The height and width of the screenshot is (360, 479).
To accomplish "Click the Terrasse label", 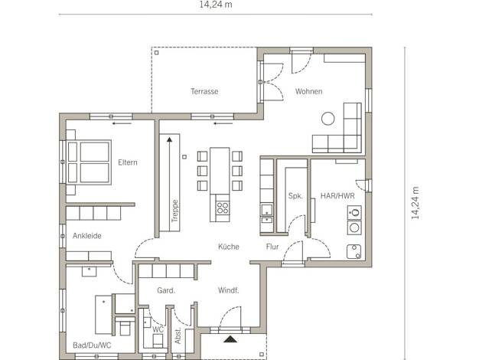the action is (x=204, y=91).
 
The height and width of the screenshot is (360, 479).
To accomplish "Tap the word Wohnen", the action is (x=308, y=91).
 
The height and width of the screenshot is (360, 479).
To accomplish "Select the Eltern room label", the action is (x=128, y=162).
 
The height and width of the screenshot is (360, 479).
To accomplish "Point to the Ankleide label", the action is (x=87, y=236).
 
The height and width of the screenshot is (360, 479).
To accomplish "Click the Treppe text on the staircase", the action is (x=175, y=211).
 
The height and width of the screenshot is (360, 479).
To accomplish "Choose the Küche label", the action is (x=229, y=247).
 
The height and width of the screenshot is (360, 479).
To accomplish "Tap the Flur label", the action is (x=272, y=247).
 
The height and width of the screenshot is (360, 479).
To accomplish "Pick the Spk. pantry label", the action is (x=295, y=196).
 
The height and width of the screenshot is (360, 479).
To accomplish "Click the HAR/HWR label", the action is (x=337, y=196).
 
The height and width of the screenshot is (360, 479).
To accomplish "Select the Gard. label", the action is (x=166, y=290).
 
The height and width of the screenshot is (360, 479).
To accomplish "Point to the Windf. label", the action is (x=229, y=290).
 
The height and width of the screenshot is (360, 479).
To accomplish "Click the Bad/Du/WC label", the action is (x=92, y=345).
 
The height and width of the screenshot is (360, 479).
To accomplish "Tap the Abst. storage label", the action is (x=178, y=335).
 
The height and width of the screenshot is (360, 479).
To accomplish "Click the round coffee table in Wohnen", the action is (x=327, y=119).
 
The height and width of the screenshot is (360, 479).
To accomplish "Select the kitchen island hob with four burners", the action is (x=223, y=208).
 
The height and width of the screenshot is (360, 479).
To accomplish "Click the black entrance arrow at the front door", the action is (x=230, y=339).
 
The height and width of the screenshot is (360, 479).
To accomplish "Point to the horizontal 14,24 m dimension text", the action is (x=216, y=5).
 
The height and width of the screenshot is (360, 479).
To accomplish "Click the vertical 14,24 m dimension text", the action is (x=415, y=203).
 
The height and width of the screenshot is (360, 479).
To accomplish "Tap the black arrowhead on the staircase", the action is (x=170, y=139).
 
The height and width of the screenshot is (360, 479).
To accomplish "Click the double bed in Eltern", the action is (x=89, y=162).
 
